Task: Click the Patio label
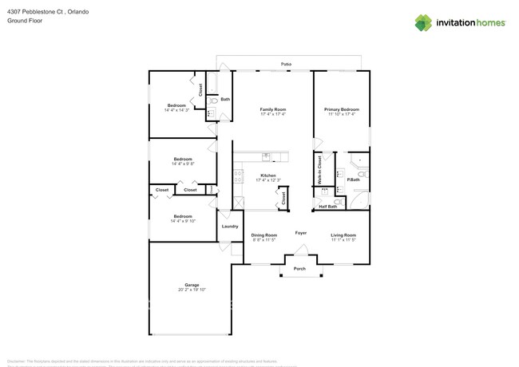pyautogui.click(x=286, y=64)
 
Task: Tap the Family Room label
pyautogui.click(x=273, y=109)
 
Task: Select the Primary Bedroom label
pyautogui.click(x=341, y=109)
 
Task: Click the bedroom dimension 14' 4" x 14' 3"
pyautogui.click(x=176, y=110)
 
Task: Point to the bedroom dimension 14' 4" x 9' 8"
pyautogui.click(x=183, y=164)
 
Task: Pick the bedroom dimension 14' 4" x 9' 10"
pyautogui.click(x=183, y=221)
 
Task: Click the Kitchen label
pyautogui.click(x=268, y=176)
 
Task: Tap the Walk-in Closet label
pyautogui.click(x=320, y=171)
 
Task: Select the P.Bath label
pyautogui.click(x=353, y=180)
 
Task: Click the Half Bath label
pyautogui.click(x=327, y=207)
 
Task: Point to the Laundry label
pyautogui.click(x=230, y=227)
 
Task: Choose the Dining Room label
pyautogui.click(x=263, y=235)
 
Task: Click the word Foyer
pyautogui.click(x=301, y=233)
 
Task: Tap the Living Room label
pyautogui.click(x=343, y=235)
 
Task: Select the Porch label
pyautogui.click(x=300, y=269)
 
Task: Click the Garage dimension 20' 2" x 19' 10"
pyautogui.click(x=192, y=290)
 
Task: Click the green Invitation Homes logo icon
pyautogui.click(x=423, y=22)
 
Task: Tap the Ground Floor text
pyautogui.click(x=25, y=21)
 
